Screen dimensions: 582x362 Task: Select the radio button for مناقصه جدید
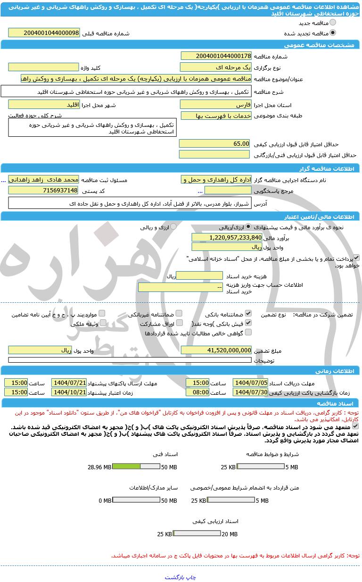point(333,22)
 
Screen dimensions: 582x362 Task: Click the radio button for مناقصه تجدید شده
point(333,33)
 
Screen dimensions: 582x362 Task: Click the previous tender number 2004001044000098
point(44,33)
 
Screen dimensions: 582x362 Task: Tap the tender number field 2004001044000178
point(216,56)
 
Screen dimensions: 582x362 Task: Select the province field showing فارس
point(216,104)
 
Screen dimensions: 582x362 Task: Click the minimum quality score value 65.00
point(215,143)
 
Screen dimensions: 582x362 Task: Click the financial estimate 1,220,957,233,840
point(227,237)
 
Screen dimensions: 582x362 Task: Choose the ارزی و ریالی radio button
point(173,227)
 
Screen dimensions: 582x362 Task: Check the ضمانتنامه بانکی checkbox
point(248,313)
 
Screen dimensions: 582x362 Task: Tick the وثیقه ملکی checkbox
point(103,323)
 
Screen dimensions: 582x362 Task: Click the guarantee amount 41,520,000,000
point(216,350)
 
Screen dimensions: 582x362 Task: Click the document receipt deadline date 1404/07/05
point(250,382)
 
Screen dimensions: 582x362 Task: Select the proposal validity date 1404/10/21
point(69,392)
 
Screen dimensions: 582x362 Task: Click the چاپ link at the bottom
point(190,577)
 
